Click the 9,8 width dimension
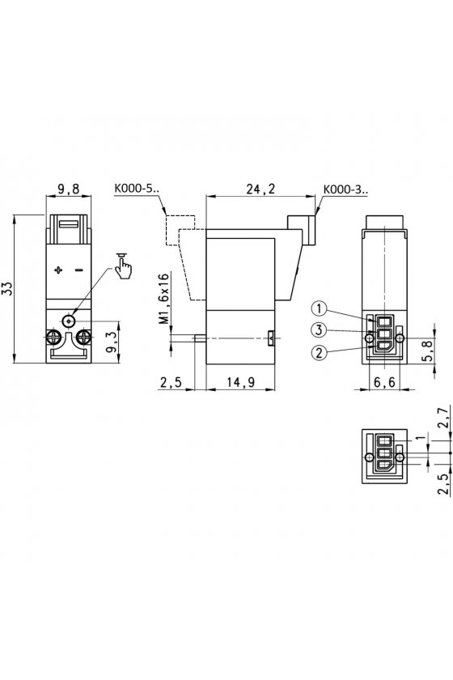(x=69, y=189)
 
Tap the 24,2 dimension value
(x=260, y=189)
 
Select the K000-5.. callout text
(x=137, y=189)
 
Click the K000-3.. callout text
(x=345, y=189)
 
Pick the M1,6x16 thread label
(x=163, y=299)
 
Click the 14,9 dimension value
(x=240, y=382)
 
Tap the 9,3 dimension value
(x=112, y=343)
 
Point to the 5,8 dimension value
(x=428, y=351)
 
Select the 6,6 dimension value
(x=384, y=382)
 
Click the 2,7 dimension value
(x=443, y=418)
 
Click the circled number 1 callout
(x=319, y=308)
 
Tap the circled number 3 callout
(x=319, y=330)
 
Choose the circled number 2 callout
(x=319, y=352)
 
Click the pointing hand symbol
(x=124, y=266)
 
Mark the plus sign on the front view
(x=58, y=270)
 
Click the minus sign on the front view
(x=79, y=270)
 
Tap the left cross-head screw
(x=52, y=336)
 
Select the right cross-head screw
(x=84, y=336)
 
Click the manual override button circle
(x=69, y=321)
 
